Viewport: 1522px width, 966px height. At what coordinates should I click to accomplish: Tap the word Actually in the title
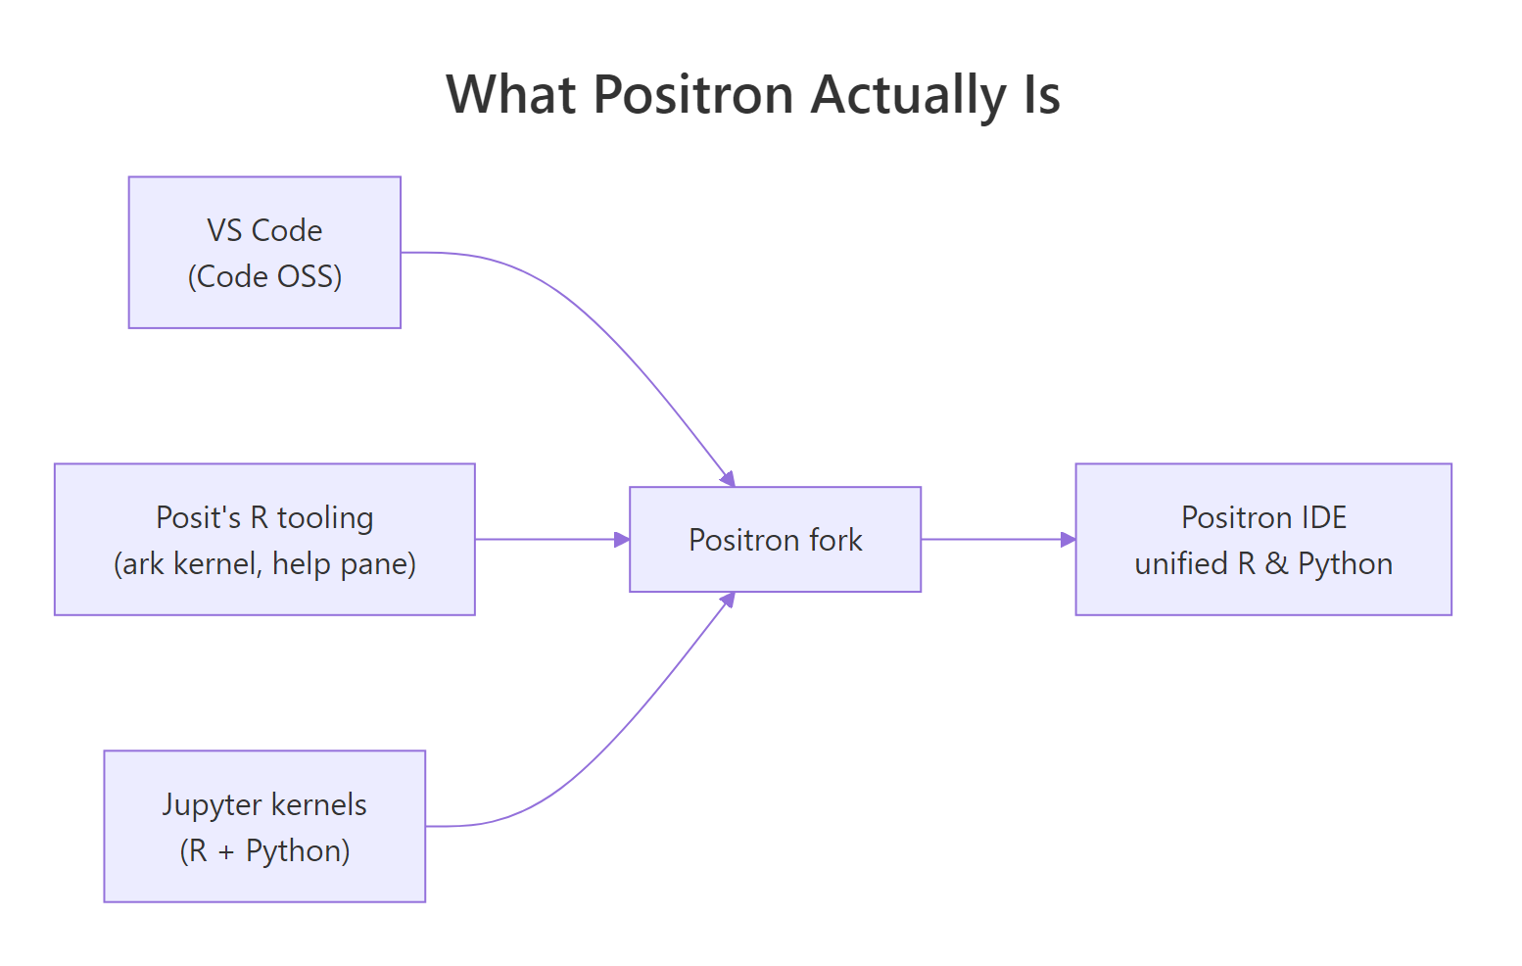click(910, 95)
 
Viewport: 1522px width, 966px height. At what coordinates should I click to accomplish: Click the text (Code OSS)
click(264, 276)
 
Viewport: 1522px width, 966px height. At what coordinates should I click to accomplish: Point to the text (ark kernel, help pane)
click(264, 564)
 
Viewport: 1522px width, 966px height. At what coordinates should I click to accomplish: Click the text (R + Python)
click(264, 850)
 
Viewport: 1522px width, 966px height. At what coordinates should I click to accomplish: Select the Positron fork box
click(775, 540)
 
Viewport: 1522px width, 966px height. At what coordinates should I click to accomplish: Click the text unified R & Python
click(1263, 564)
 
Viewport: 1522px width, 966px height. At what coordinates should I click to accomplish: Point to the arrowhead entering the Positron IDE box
click(1069, 539)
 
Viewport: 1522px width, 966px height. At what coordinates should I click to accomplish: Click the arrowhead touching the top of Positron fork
click(728, 478)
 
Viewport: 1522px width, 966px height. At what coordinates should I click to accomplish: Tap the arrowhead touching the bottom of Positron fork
click(728, 600)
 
